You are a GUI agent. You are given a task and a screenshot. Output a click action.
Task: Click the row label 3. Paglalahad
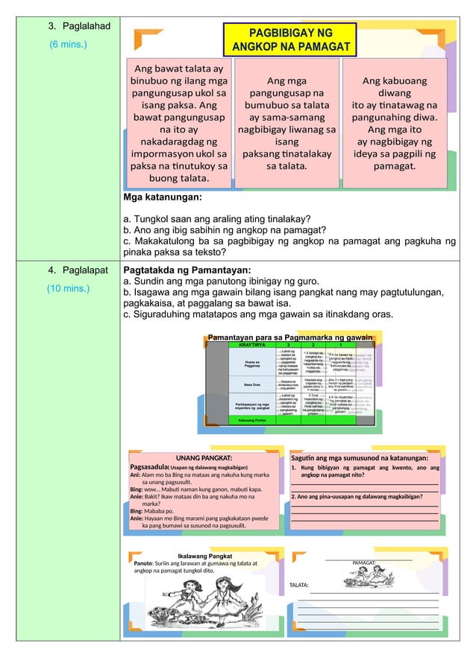click(x=80, y=27)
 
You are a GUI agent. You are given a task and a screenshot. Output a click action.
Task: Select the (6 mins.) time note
click(x=68, y=45)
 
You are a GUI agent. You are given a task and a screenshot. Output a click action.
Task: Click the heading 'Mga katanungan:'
click(x=163, y=199)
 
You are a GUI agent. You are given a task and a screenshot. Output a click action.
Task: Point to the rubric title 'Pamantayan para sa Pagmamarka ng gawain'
click(x=290, y=337)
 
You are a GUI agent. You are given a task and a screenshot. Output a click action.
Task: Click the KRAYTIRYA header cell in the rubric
click(x=252, y=346)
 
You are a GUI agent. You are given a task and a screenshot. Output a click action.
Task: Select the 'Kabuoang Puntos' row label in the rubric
click(x=252, y=420)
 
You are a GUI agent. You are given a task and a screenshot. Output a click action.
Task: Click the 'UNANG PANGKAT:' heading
click(x=204, y=457)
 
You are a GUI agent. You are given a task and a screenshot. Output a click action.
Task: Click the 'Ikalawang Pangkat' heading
click(x=205, y=556)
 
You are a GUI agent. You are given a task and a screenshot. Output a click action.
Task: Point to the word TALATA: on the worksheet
click(x=299, y=586)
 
